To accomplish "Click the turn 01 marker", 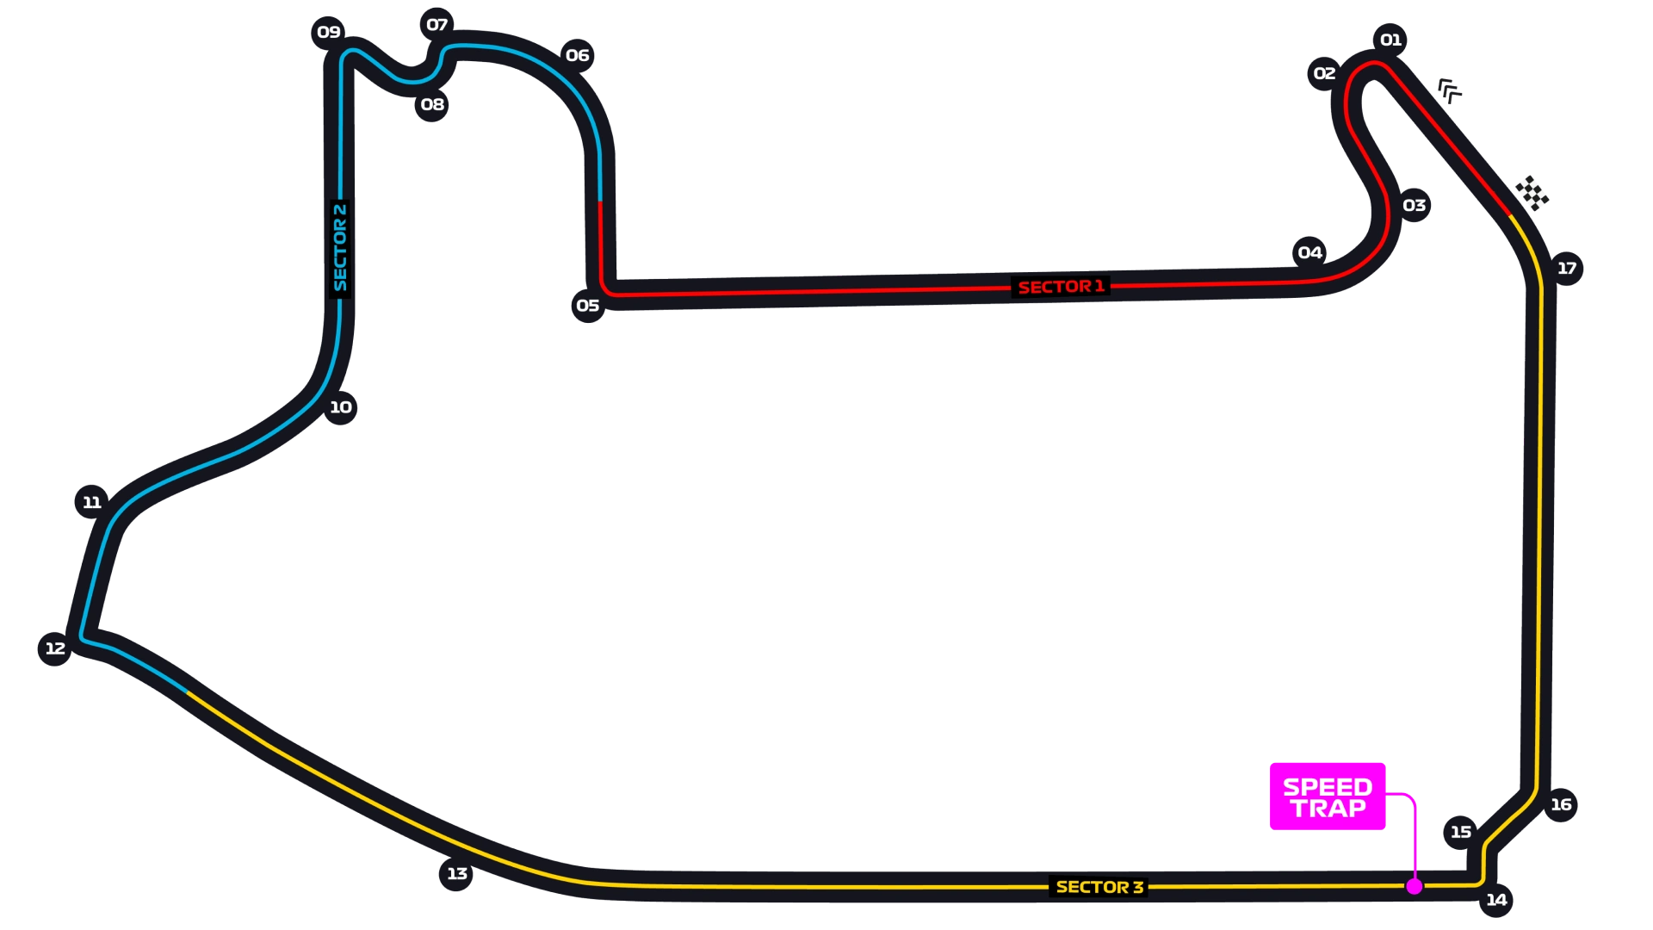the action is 1390,40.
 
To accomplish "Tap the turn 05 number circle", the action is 588,306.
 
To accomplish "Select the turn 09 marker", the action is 328,33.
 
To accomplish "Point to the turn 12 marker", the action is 55,648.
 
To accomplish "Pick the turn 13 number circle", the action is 456,874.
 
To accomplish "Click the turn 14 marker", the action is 1496,900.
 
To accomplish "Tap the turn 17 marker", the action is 1567,269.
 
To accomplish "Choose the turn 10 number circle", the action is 340,407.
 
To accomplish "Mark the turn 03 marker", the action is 1414,205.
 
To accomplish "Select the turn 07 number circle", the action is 437,25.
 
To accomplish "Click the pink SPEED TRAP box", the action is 1328,797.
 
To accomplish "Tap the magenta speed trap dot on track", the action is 1414,886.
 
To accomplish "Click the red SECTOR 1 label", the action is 1061,287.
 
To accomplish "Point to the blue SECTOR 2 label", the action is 340,248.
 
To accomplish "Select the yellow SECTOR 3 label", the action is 1099,887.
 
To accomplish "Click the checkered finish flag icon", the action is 1532,193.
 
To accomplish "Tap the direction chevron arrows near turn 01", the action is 1450,90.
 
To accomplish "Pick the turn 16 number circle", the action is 1561,805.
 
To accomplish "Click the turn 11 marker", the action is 92,502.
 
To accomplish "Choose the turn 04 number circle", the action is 1309,253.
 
